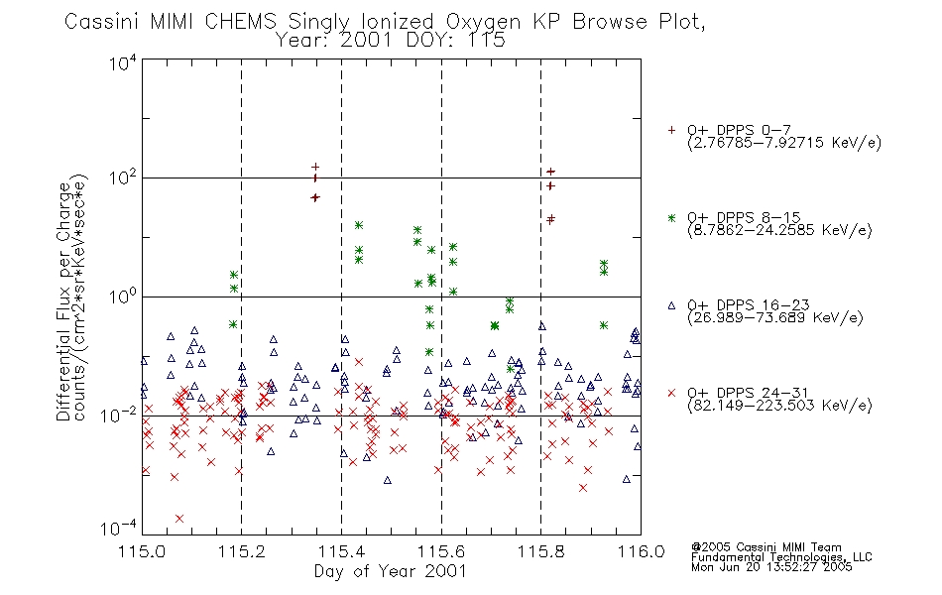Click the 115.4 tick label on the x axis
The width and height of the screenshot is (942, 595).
coord(342,551)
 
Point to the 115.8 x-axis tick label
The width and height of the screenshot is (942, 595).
coord(541,551)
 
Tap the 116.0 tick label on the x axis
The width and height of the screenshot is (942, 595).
coord(641,551)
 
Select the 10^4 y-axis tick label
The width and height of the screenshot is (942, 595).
coord(123,61)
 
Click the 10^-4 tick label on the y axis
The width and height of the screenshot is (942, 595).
coord(119,528)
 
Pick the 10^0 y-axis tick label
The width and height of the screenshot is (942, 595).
coord(123,296)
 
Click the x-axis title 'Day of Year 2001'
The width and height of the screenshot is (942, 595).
coord(391,571)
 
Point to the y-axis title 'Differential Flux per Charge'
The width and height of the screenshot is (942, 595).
coord(63,301)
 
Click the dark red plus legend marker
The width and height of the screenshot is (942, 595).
coord(671,130)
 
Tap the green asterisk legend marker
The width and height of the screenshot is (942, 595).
coord(671,217)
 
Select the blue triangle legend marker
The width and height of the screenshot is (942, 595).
coord(671,305)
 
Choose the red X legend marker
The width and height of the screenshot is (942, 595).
coord(671,393)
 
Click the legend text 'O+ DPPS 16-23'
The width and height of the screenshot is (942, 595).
coord(749,304)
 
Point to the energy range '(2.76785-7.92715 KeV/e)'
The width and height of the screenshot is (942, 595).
coord(784,143)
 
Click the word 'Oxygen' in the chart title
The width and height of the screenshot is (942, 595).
coord(483,22)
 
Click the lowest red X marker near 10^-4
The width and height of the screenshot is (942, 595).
coord(179,518)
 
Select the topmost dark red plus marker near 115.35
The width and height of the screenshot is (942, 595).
coord(315,167)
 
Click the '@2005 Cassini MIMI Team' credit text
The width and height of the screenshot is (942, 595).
coord(766,547)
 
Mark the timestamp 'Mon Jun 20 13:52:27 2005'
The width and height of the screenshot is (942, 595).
coord(771,567)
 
